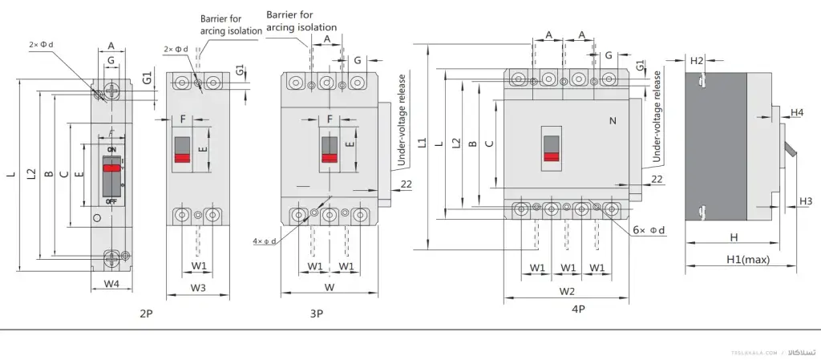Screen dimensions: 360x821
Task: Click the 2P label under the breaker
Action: (x=146, y=313)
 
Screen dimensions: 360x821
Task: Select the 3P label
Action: (x=317, y=313)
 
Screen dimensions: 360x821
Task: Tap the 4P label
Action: (x=578, y=308)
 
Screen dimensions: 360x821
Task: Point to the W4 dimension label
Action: (x=111, y=285)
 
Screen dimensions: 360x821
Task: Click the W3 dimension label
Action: (x=198, y=287)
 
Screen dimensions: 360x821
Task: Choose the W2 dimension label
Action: (x=567, y=290)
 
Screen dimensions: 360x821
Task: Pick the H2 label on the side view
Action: (x=697, y=61)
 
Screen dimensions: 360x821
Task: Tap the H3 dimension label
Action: (x=806, y=200)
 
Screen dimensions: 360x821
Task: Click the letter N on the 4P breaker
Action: (x=613, y=121)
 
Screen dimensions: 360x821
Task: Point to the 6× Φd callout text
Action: (x=649, y=230)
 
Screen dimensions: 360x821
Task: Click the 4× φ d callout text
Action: (x=264, y=241)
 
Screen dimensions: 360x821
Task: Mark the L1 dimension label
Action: (x=422, y=143)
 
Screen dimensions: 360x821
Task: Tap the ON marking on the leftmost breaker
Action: (x=111, y=150)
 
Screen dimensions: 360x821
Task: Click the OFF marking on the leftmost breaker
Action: (x=111, y=200)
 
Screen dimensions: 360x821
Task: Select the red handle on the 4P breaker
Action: (x=551, y=157)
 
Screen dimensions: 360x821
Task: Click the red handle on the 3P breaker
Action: (x=329, y=157)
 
